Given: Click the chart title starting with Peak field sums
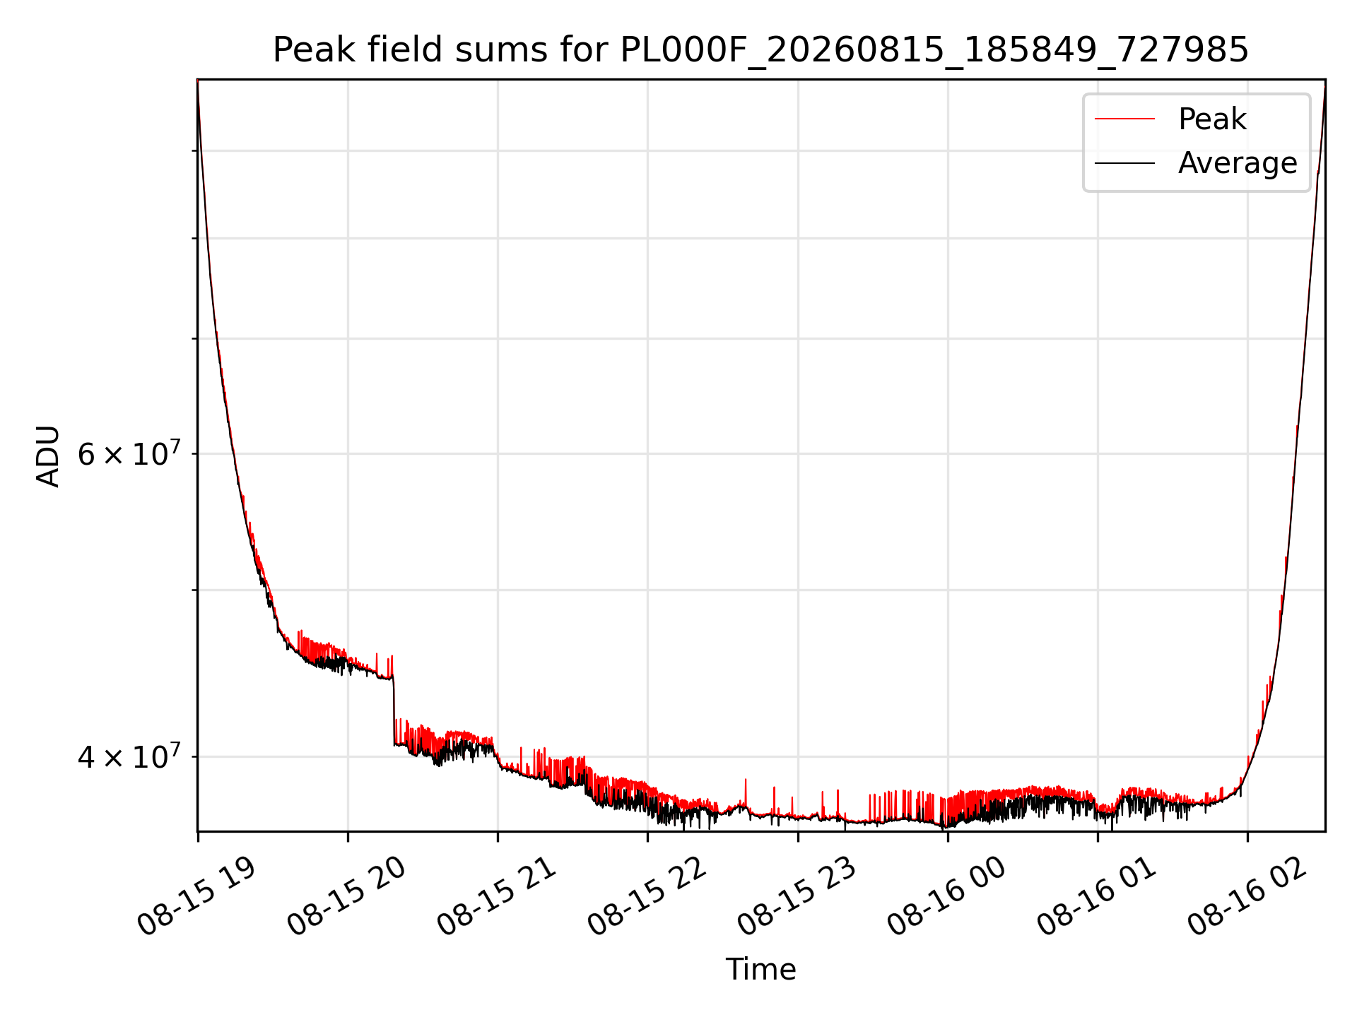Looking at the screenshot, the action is pos(760,50).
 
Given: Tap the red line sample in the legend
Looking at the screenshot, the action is pos(1124,119).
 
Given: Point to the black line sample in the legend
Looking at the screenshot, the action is pos(1124,163).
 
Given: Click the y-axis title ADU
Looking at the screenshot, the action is pos(48,456).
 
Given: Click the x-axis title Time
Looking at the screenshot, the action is pos(760,969).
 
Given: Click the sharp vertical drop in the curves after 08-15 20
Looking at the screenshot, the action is pos(394,710).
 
